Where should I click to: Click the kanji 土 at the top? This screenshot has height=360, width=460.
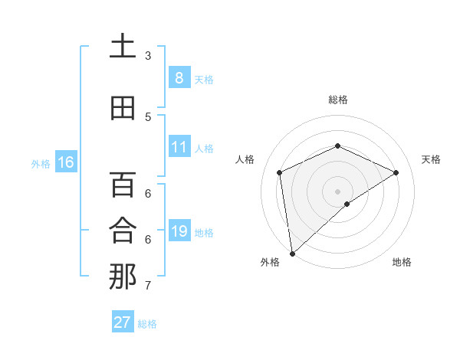pyautogui.click(x=123, y=47)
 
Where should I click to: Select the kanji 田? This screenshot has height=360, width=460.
pyautogui.click(x=123, y=108)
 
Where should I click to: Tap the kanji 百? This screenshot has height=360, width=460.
pyautogui.click(x=123, y=185)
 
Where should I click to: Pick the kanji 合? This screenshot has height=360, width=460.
pyautogui.click(x=123, y=231)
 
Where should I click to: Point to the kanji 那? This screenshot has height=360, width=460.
pyautogui.click(x=123, y=277)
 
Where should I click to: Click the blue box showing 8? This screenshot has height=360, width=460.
pyautogui.click(x=179, y=77)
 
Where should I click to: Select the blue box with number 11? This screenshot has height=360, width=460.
pyautogui.click(x=179, y=146)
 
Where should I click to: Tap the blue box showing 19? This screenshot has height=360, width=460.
pyautogui.click(x=179, y=231)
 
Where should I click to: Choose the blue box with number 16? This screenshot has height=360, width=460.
pyautogui.click(x=66, y=162)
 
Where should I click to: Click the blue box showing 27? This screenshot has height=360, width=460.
pyautogui.click(x=123, y=322)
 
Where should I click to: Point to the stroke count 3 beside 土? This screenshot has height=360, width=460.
pyautogui.click(x=148, y=56)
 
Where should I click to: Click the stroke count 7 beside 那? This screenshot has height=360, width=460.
pyautogui.click(x=148, y=286)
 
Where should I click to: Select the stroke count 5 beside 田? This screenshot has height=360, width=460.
pyautogui.click(x=148, y=117)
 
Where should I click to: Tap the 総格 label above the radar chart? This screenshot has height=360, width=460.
pyautogui.click(x=337, y=100)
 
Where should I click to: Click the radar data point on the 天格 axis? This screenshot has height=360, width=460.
pyautogui.click(x=396, y=172)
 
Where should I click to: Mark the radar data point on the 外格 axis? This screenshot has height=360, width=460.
pyautogui.click(x=292, y=253)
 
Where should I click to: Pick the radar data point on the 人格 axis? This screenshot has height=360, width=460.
pyautogui.click(x=280, y=172)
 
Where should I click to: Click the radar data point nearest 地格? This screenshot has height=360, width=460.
pyautogui.click(x=347, y=204)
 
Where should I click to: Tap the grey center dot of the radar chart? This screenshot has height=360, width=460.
pyautogui.click(x=337, y=191)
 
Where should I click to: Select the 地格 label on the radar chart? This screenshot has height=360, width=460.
pyautogui.click(x=402, y=262)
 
